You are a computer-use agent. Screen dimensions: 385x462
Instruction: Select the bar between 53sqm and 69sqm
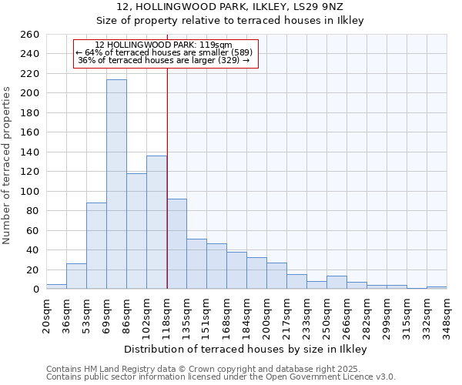coord(96,246)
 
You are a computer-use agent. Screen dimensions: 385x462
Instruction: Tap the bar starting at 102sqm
coord(156,223)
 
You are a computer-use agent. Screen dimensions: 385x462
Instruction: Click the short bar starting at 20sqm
coord(56,286)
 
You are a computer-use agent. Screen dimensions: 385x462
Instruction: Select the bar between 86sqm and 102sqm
coord(136,231)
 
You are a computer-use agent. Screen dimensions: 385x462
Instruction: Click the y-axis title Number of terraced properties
coord(8,165)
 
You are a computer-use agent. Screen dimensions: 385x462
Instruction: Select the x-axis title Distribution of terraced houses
coord(246,350)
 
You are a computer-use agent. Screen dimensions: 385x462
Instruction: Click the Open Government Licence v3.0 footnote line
coord(220,377)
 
